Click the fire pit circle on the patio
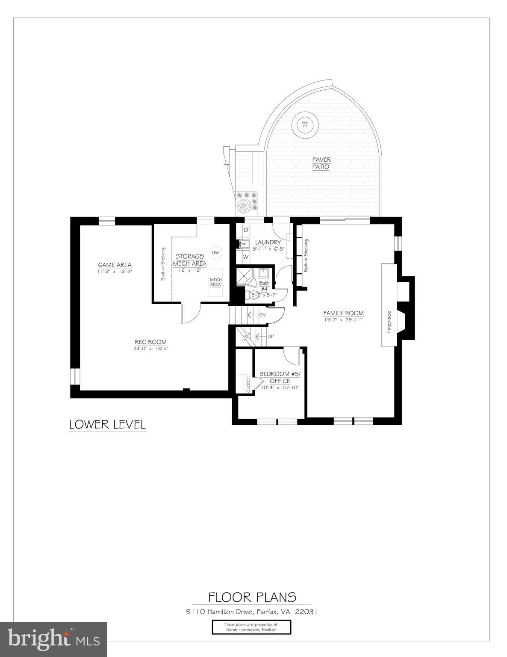point(305,125)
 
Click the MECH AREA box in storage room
point(215,282)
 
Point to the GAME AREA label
point(115,265)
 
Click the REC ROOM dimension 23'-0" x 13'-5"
point(150,349)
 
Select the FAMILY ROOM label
point(343,313)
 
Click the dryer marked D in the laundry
point(246,230)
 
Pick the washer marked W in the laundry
point(246,257)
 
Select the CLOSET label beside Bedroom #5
point(248,384)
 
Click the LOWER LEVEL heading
point(107,425)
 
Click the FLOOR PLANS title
point(252,597)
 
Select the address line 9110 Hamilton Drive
point(251,612)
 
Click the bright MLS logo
point(53,639)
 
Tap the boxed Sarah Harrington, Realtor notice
point(251,627)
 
